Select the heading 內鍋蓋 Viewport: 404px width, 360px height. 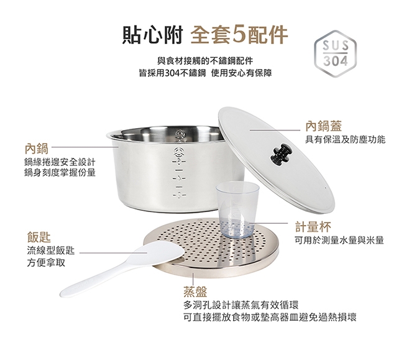(324, 127)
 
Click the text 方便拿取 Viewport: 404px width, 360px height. (47, 263)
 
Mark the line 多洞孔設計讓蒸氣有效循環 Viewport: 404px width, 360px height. (242, 305)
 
